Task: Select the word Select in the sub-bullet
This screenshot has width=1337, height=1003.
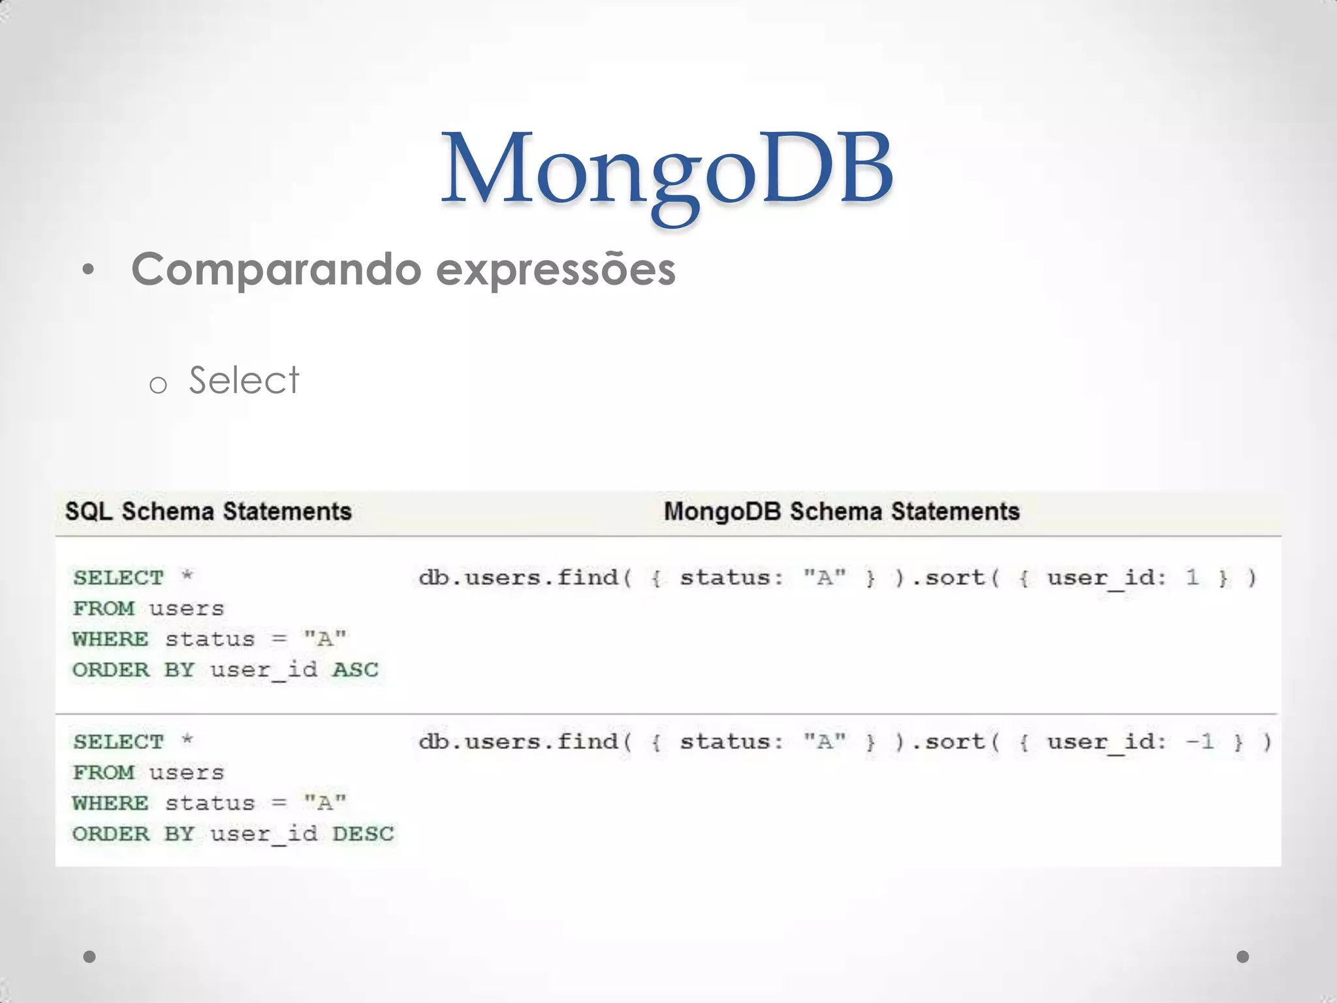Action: coord(244,380)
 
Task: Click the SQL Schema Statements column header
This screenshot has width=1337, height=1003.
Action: coord(208,511)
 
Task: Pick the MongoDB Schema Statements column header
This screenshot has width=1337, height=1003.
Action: coord(842,511)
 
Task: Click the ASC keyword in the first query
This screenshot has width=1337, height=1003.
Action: coord(355,670)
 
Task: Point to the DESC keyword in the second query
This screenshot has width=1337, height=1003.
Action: coord(363,834)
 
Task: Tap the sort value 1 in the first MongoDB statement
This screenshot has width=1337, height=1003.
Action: coord(1193,577)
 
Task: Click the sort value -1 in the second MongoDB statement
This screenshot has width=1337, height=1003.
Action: coord(1200,742)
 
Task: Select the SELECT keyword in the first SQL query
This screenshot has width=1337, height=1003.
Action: coord(118,578)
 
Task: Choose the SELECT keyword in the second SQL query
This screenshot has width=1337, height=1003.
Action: coord(118,742)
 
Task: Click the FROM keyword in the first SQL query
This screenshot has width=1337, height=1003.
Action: coord(103,609)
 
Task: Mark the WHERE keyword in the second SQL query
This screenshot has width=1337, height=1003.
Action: coord(110,803)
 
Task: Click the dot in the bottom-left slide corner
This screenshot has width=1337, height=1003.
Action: coord(89,957)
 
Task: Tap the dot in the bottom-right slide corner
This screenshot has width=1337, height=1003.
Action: coord(1243,957)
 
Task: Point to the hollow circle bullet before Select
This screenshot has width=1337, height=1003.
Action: coord(157,385)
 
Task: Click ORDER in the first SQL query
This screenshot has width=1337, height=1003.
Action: coord(111,670)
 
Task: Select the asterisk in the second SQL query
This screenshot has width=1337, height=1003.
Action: coord(187,740)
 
